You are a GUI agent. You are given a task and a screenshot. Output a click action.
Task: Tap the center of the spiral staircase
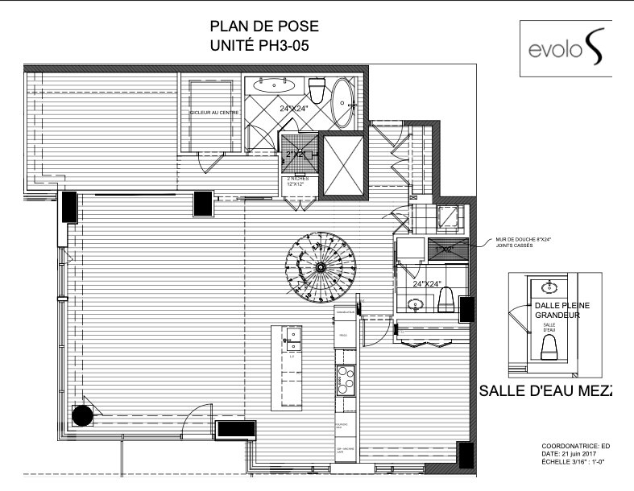tap(320, 266)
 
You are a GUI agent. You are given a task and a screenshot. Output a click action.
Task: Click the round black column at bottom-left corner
tap(82, 415)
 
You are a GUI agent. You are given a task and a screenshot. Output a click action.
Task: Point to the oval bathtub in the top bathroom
tap(344, 103)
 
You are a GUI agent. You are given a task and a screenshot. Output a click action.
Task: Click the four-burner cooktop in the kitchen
tap(346, 378)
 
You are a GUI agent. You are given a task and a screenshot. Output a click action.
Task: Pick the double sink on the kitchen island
tap(291, 340)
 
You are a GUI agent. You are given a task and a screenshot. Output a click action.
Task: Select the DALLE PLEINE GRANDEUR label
tap(561, 310)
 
